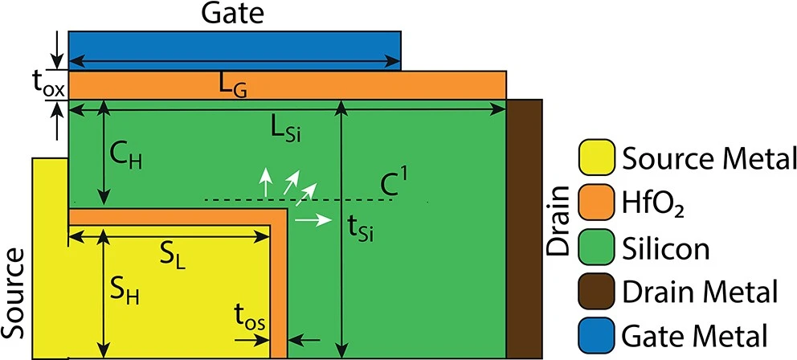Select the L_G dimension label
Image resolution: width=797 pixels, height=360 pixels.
[x=233, y=88]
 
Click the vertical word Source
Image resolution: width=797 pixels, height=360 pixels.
[x=14, y=293]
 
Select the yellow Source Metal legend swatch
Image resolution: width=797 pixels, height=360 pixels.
[x=597, y=158]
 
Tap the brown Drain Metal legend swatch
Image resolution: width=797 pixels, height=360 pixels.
[x=597, y=290]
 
